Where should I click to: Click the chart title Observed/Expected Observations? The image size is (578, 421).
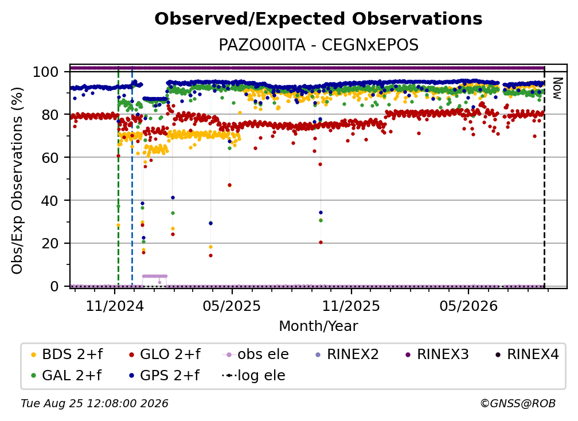(x=318, y=19)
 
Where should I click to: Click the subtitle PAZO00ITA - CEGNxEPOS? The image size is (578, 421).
(x=318, y=45)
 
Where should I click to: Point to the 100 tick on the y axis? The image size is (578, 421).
(x=46, y=72)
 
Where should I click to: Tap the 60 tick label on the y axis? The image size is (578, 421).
(x=50, y=157)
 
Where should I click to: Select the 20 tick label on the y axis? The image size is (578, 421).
(x=50, y=243)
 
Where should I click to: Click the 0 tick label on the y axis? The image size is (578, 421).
(x=54, y=286)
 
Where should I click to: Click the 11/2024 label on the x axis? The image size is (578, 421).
(x=115, y=306)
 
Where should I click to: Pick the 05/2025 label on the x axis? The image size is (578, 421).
(x=232, y=306)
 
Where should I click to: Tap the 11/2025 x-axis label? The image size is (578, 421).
(x=351, y=306)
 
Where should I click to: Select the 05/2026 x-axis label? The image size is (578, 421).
(x=468, y=306)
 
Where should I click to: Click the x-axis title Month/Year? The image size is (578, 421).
(x=318, y=326)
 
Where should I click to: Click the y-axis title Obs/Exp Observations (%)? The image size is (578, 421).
(x=17, y=180)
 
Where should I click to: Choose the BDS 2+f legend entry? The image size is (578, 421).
(x=67, y=354)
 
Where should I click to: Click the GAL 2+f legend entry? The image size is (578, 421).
(x=66, y=375)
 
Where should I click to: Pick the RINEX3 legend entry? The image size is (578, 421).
(x=437, y=354)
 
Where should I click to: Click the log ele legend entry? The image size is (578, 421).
(x=253, y=375)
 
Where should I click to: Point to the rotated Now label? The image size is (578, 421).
(x=557, y=88)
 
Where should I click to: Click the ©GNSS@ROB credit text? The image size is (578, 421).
(x=518, y=403)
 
